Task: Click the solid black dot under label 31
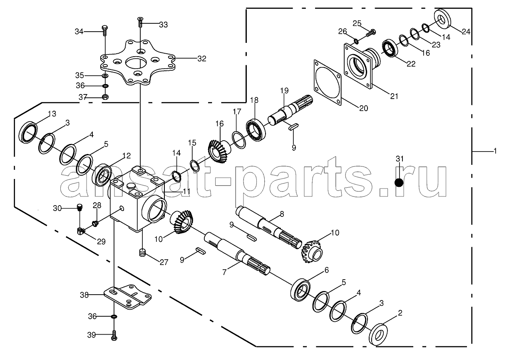[x=399, y=183]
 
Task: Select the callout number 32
[x=202, y=59]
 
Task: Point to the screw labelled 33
[x=140, y=22]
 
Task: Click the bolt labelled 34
[x=105, y=30]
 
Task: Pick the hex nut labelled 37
[x=105, y=97]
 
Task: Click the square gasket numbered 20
[x=328, y=83]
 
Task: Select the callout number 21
[x=394, y=97]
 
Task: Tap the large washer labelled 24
[x=443, y=19]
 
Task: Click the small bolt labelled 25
[x=370, y=33]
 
